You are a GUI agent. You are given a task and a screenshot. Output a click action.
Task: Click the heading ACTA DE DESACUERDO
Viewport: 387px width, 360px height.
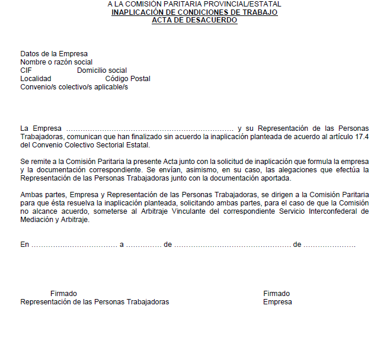[194, 20]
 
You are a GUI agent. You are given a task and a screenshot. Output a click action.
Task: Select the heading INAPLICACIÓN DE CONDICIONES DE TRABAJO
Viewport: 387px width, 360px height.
[194, 12]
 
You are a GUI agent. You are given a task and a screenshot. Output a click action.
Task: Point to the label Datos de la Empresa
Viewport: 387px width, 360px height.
[54, 54]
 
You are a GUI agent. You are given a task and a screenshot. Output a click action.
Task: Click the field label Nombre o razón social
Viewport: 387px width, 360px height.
[56, 62]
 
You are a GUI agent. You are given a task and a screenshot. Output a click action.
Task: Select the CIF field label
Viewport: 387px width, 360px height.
[26, 70]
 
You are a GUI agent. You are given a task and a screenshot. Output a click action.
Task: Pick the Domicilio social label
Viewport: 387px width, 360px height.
[102, 70]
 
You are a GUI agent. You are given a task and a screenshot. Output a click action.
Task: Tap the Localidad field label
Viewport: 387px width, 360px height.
[36, 79]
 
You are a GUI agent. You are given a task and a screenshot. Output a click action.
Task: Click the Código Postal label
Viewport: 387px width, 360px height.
[127, 79]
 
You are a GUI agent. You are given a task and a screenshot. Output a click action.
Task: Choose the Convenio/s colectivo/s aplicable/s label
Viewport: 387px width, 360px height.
[74, 87]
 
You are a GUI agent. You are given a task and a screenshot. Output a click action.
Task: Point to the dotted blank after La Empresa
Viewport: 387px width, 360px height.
[150, 128]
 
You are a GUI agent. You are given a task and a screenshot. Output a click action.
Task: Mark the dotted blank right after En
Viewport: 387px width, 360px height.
[74, 245]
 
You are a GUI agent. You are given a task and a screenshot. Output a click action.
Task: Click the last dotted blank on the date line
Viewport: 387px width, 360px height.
[330, 245]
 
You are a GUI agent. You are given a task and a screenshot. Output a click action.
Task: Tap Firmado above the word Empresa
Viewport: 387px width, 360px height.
[277, 294]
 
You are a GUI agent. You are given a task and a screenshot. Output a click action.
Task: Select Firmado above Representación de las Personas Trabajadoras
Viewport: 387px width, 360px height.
[63, 294]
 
